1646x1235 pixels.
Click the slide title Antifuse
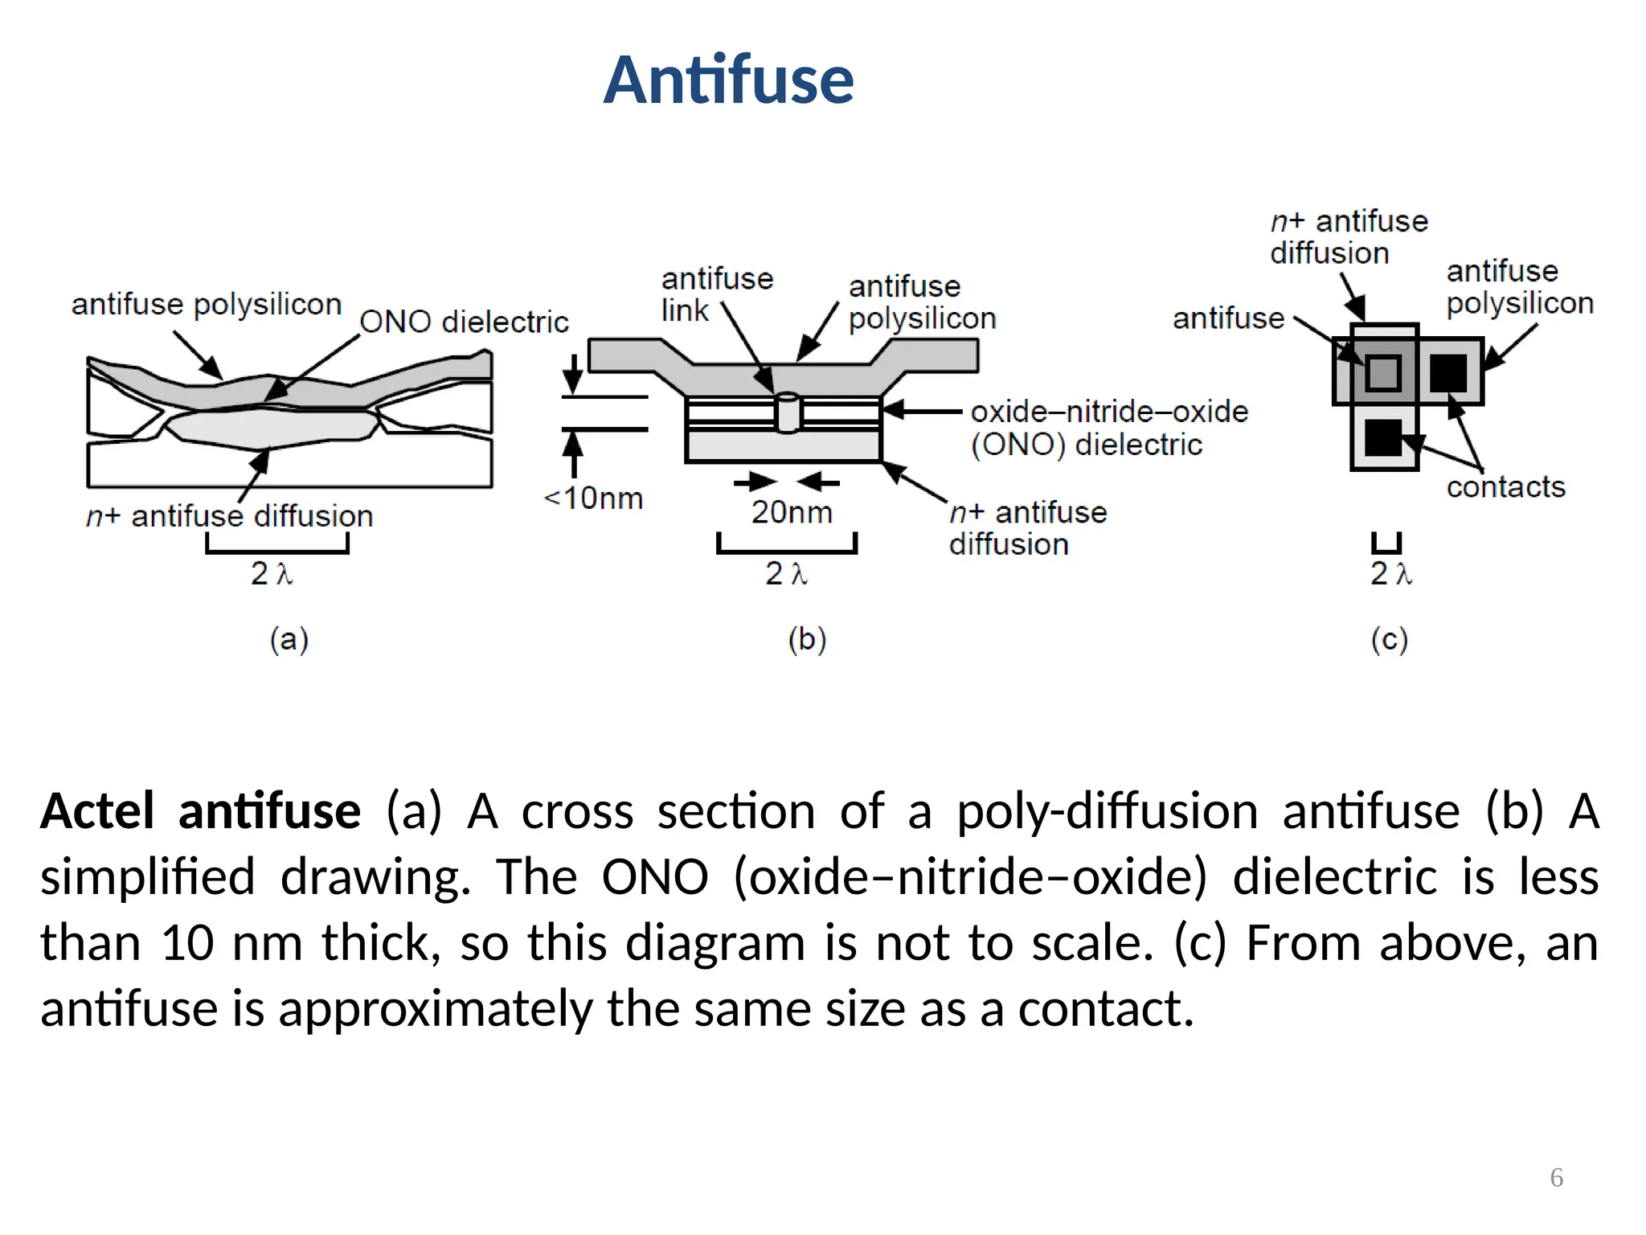click(x=728, y=80)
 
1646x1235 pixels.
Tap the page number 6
click(x=1556, y=1177)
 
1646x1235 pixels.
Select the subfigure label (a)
click(x=289, y=640)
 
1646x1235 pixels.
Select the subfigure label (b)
click(x=807, y=640)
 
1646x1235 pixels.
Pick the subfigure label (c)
click(x=1390, y=640)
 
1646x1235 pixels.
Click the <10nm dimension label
click(x=594, y=499)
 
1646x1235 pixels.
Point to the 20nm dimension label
click(x=792, y=512)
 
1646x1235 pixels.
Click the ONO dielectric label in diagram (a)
click(x=464, y=322)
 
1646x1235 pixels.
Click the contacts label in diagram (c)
click(x=1505, y=487)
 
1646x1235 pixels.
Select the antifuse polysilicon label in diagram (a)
click(x=207, y=305)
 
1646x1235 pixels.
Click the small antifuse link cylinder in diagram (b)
click(x=788, y=412)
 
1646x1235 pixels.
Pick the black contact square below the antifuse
click(x=1383, y=437)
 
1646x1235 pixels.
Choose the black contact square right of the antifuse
click(x=1448, y=372)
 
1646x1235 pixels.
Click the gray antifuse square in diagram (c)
click(x=1383, y=372)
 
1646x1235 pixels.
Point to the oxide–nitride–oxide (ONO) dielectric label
click(x=1109, y=428)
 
